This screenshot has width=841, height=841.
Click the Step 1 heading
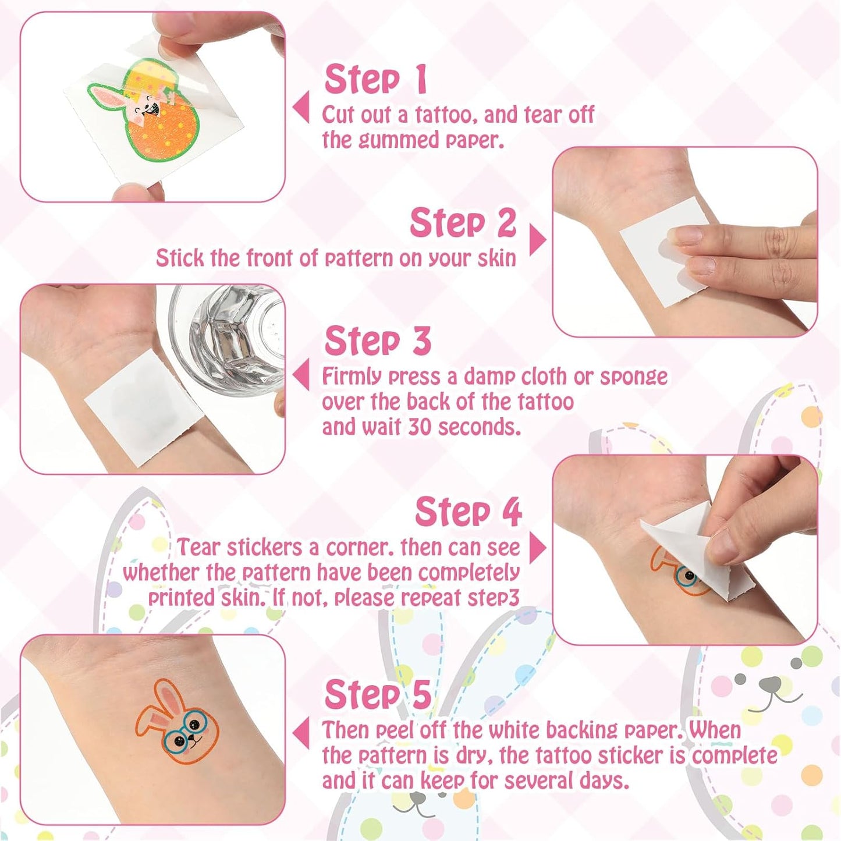(x=376, y=79)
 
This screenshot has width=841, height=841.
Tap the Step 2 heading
(x=463, y=223)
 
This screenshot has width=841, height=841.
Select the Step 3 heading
(x=378, y=341)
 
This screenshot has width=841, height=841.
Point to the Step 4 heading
(x=468, y=512)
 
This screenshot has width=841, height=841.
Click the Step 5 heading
(x=378, y=694)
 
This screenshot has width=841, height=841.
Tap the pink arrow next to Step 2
(x=537, y=240)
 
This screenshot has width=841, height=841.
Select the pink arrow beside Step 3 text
(x=301, y=375)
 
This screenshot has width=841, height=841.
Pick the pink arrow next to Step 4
(x=537, y=548)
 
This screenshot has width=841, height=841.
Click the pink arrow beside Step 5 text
(x=301, y=733)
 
